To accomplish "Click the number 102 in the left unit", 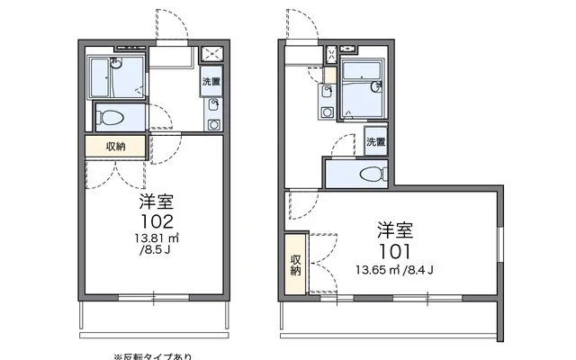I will click(151, 219).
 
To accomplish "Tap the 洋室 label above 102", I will click(151, 200).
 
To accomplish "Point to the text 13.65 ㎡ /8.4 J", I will click(396, 268).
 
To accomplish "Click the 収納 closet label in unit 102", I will click(115, 147).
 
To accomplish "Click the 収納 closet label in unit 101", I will click(296, 265).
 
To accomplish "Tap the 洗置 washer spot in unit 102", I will click(210, 82).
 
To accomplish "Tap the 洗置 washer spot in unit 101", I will click(375, 142).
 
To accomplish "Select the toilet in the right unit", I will click(368, 175).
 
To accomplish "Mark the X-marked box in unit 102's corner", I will click(212, 53).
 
